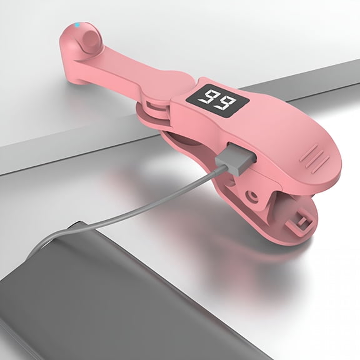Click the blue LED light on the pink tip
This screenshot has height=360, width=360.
(77, 24)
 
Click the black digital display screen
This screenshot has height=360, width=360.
(217, 101)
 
